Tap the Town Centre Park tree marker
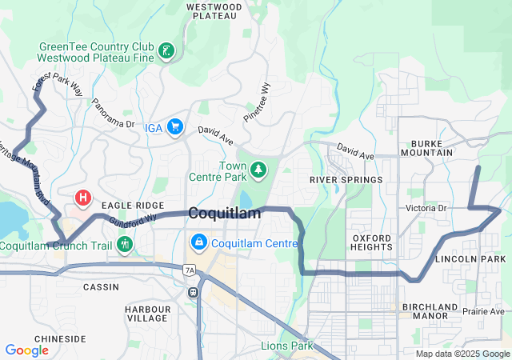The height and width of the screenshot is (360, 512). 258,170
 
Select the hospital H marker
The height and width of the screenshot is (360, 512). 82,197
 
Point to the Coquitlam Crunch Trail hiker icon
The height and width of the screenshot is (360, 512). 124,244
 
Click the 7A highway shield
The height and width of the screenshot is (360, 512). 190,271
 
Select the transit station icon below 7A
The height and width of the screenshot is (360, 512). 193,291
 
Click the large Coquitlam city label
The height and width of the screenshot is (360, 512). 225,214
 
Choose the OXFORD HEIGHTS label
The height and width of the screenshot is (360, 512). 372,242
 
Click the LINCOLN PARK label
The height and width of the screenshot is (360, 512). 470,260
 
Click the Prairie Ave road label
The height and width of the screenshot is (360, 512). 483,311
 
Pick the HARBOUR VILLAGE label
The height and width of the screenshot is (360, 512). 148,314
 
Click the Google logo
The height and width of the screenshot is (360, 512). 26,350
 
